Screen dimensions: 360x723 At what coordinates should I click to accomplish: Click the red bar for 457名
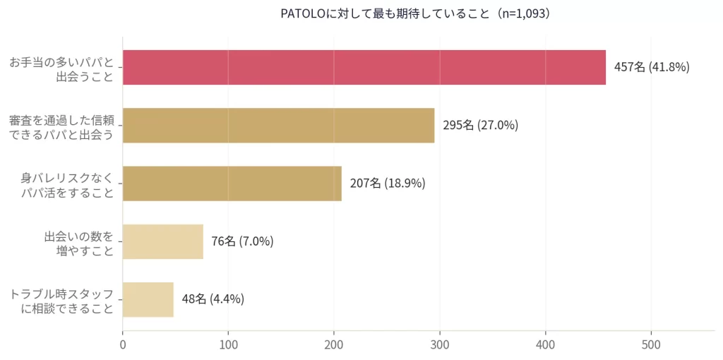pyautogui.click(x=364, y=67)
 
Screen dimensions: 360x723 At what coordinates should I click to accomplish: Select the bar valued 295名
pyautogui.click(x=278, y=125)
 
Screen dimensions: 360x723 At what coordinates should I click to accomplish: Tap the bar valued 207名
pyautogui.click(x=232, y=184)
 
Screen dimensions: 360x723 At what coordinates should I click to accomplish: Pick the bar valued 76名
pyautogui.click(x=162, y=241)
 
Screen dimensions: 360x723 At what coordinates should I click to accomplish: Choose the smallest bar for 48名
pyautogui.click(x=148, y=299)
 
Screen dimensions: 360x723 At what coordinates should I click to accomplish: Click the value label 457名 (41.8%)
pyautogui.click(x=651, y=68)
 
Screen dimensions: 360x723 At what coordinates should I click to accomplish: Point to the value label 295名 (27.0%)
pyautogui.click(x=480, y=126)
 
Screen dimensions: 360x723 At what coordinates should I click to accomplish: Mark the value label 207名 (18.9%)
pyautogui.click(x=387, y=184)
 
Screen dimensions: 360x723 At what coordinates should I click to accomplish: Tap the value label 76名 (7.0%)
pyautogui.click(x=242, y=241)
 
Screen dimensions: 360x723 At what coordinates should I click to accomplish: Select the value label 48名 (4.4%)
pyautogui.click(x=213, y=299)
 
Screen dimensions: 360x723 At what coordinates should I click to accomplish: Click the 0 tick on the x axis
pyautogui.click(x=123, y=346)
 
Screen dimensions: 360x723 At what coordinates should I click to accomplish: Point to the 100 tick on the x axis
pyautogui.click(x=228, y=346)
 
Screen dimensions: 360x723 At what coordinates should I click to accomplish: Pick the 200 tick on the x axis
pyautogui.click(x=334, y=346)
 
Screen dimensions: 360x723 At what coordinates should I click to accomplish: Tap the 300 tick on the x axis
pyautogui.click(x=440, y=346)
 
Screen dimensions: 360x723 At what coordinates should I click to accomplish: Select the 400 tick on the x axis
pyautogui.click(x=546, y=346)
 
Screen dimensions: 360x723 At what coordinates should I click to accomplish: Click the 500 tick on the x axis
pyautogui.click(x=651, y=346)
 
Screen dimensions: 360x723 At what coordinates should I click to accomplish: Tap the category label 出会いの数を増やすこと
pyautogui.click(x=78, y=242)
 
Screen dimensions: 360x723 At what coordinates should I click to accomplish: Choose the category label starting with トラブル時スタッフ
pyautogui.click(x=61, y=300)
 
